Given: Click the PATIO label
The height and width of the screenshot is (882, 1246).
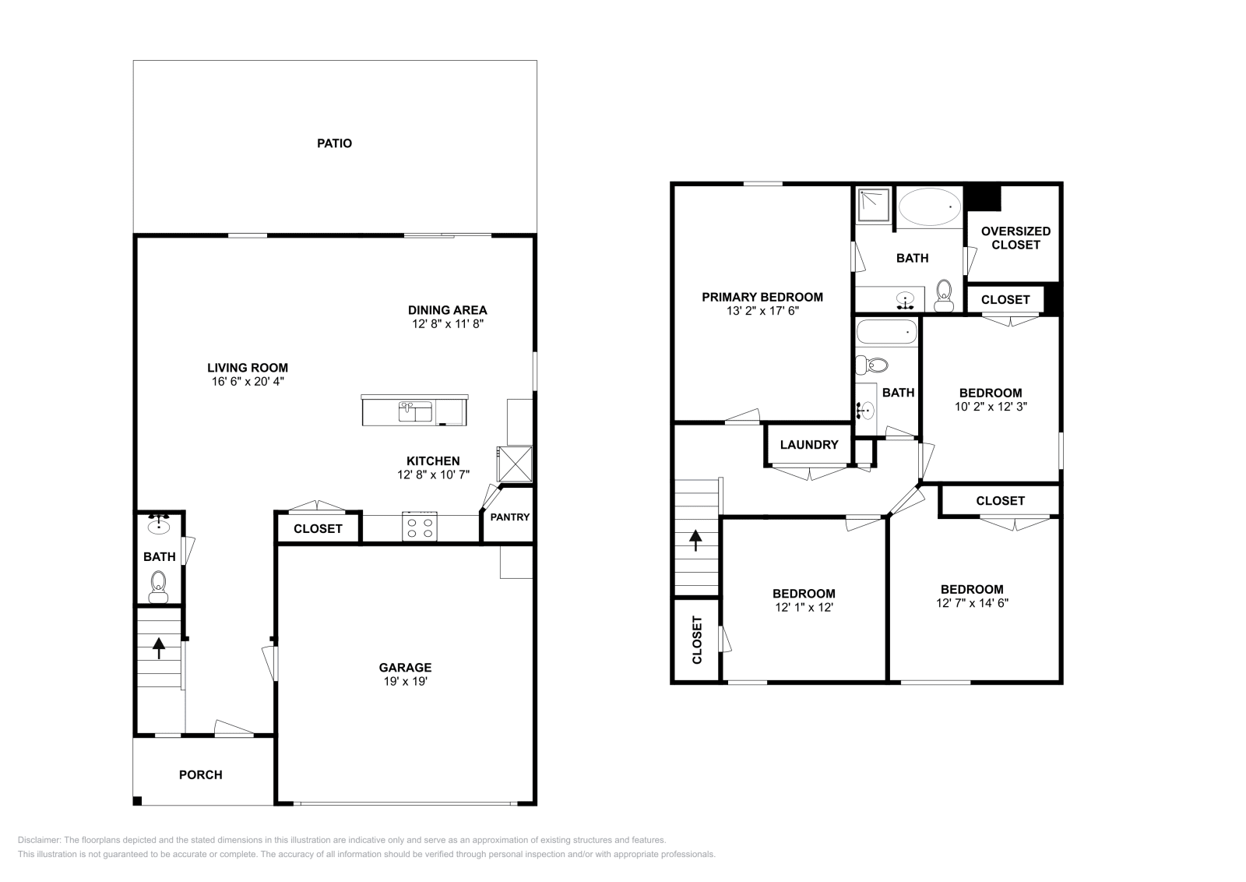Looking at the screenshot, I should pos(334,143).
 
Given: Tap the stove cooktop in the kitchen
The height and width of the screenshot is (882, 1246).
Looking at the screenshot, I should pos(420,527).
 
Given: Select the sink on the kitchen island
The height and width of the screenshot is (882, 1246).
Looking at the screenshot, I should pos(415,411).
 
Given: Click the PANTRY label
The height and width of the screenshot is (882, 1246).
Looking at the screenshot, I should pos(509,517).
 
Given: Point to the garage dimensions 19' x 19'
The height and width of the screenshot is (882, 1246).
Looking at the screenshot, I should pos(405,681).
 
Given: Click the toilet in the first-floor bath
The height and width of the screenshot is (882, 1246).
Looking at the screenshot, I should pos(158,585).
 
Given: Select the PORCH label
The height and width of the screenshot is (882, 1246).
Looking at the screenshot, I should pos(200,774).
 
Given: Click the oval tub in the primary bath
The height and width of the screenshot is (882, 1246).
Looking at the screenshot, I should pos(930,206).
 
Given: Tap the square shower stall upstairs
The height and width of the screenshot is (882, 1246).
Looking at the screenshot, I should pos(874,204).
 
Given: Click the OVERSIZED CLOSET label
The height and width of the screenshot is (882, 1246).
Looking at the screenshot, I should pos(1015,238).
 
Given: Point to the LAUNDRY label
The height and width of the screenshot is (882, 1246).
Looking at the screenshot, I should pos(808,444).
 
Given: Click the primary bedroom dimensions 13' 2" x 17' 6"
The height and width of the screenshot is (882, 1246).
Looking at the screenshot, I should pos(762,310).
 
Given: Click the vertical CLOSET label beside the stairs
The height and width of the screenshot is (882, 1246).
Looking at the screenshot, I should pos(697,640).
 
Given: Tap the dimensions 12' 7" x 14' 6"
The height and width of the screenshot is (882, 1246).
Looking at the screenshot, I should pos(972,602).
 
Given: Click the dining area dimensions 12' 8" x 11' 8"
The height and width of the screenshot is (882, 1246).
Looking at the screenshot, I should pos(448,323).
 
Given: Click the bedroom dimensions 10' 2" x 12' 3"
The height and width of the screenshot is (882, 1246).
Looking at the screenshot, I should pos(990,406).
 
